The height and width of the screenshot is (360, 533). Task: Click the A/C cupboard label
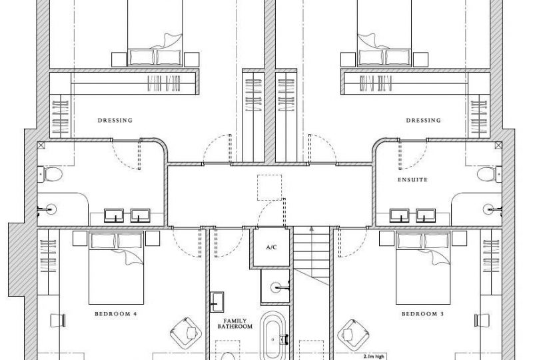(271, 247)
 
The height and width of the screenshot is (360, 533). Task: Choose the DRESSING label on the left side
(115, 121)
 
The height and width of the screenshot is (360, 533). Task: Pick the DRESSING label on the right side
(423, 121)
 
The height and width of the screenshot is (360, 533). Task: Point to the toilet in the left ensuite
(51, 175)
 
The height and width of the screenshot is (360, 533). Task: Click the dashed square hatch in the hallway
(270, 188)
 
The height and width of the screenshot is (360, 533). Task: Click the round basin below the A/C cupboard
(276, 287)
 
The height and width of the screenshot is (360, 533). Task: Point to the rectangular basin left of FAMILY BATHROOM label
(218, 301)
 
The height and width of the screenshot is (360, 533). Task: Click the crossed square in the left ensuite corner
(41, 145)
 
